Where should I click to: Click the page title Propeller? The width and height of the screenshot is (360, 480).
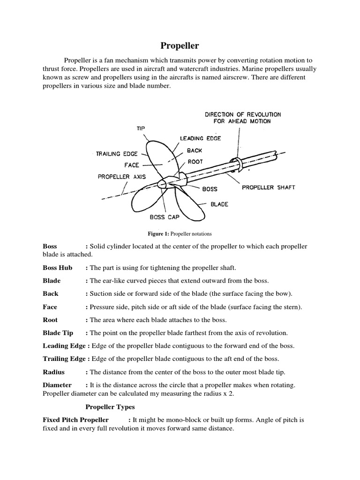[180, 45]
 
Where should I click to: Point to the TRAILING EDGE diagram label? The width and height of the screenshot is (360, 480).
[114, 153]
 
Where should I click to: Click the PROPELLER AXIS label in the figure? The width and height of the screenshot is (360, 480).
[122, 177]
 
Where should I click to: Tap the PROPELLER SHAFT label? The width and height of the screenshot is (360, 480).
[268, 187]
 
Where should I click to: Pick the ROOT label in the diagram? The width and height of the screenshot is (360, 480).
[195, 161]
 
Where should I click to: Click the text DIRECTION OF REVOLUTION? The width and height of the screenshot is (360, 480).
[243, 114]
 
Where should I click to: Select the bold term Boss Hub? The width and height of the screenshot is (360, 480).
[57, 268]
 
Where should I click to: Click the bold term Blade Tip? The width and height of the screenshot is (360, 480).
[58, 333]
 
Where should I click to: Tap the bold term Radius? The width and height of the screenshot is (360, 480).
[53, 372]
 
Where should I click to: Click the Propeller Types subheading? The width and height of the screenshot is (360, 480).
[110, 407]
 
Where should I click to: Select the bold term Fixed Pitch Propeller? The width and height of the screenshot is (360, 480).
[75, 420]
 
